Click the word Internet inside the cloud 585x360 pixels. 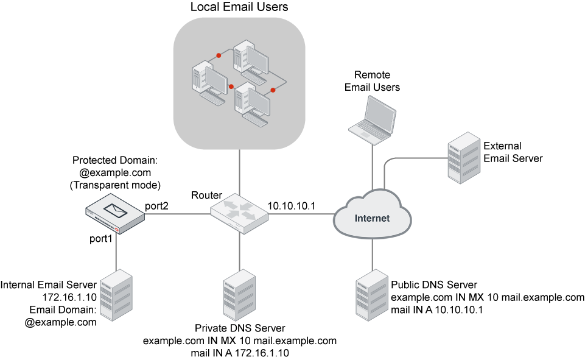372,218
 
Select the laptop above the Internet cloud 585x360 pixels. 373,119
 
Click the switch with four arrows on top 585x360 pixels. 239,212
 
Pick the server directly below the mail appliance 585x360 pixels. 116,295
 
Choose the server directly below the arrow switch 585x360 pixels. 239,295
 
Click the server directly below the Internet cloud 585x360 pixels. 372,295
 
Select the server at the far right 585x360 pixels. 464,158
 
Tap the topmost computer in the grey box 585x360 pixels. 251,61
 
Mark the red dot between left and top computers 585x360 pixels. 219,55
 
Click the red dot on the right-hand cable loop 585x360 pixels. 273,90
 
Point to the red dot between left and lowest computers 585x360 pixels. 231,86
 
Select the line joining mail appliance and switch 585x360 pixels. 177,214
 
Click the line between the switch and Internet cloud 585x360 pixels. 301,214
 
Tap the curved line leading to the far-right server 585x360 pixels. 414,158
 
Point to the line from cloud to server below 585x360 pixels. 372,253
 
